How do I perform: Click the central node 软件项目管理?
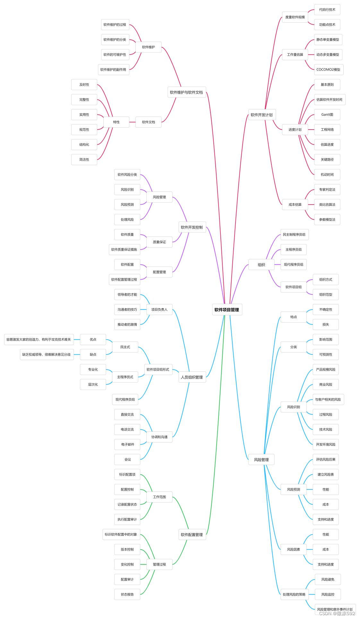pyautogui.click(x=227, y=310)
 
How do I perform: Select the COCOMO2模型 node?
pyautogui.click(x=328, y=70)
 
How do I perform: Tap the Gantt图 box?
pyautogui.click(x=327, y=114)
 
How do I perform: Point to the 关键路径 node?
pyautogui.click(x=327, y=159)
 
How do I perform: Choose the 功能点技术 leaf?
pyautogui.click(x=327, y=25)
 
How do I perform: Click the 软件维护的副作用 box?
pyautogui.click(x=113, y=70)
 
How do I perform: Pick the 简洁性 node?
pyautogui.click(x=84, y=159)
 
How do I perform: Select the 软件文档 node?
pyautogui.click(x=148, y=122)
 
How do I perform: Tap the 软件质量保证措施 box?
pyautogui.click(x=124, y=250)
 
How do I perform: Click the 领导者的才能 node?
pyautogui.click(x=127, y=294)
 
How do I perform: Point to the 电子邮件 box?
pyautogui.click(x=127, y=445)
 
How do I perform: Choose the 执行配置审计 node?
pyautogui.click(x=127, y=519)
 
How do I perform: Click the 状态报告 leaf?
pyautogui.click(x=127, y=594)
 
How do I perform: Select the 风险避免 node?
pyautogui.click(x=328, y=579)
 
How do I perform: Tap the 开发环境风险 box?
pyautogui.click(x=326, y=445)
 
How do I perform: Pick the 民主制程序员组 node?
pyautogui.click(x=294, y=234)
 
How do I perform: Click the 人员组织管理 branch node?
pyautogui.click(x=192, y=377)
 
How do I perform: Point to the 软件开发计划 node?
pyautogui.click(x=261, y=115)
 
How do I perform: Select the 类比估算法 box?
pyautogui.click(x=327, y=205)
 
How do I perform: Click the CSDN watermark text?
pyautogui.click(x=337, y=613)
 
